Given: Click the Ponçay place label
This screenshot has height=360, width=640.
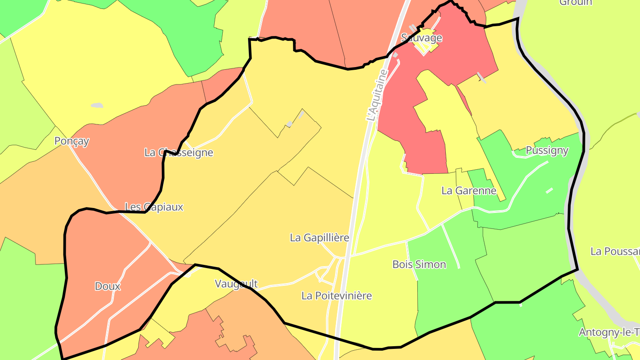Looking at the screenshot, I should (72, 141).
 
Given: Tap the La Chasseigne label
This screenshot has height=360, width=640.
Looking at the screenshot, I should (179, 152).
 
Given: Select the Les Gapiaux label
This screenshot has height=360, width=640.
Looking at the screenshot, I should (154, 207).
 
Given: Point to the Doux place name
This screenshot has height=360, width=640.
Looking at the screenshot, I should (108, 286).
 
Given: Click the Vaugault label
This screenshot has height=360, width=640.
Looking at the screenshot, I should (236, 284).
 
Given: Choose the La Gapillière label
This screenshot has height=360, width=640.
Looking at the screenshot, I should (319, 238).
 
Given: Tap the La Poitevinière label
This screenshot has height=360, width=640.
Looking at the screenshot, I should (336, 296).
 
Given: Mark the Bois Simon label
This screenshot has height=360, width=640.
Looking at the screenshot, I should (419, 264).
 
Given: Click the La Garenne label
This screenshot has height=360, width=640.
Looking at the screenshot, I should (468, 191).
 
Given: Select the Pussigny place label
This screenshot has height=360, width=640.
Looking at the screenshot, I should (547, 150).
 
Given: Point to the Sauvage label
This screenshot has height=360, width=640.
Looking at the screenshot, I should (421, 37).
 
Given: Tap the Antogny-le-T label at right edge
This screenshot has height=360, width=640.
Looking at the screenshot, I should (609, 332).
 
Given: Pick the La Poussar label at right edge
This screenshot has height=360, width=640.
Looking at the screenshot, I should (615, 251).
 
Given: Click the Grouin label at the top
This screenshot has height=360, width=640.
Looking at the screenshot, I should (576, 3).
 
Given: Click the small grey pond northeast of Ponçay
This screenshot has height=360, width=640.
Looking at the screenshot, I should (97, 105).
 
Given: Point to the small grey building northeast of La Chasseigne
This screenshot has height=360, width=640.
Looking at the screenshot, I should (289, 124).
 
